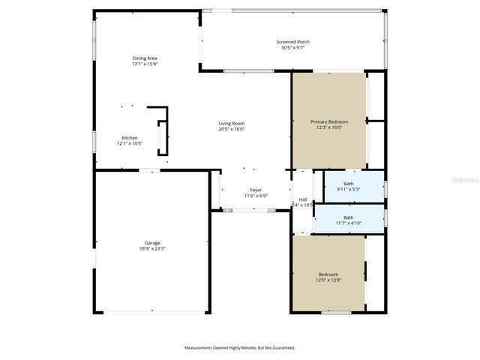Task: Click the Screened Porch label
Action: coord(292,42)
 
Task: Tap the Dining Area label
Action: coord(145,58)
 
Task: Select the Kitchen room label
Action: coord(130,137)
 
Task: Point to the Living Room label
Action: coord(232,123)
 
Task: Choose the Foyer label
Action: coord(256,190)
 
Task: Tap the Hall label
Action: coord(303,199)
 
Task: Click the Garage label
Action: coord(152,242)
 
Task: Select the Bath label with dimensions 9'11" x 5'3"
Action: coord(349,184)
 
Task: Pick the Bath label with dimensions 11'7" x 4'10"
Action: coord(349,217)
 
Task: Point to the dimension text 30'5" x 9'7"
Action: coord(292,48)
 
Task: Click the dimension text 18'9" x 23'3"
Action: coord(152,248)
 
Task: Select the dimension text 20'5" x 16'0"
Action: coord(232,129)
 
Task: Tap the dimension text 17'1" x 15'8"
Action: coord(145,64)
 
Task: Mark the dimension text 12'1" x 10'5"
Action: coord(130,143)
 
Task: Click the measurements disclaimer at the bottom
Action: coord(240,347)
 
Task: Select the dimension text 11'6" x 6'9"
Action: coord(256,196)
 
